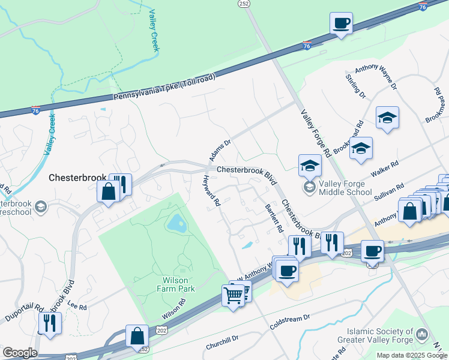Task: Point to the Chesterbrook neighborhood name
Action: tap(77, 178)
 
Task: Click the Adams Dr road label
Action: tap(220, 151)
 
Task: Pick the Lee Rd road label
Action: tap(77, 307)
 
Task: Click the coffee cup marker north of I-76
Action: tap(341, 24)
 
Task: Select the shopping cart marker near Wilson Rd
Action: tap(233, 295)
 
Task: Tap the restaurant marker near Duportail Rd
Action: tap(50, 323)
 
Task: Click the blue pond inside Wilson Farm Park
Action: tap(176, 224)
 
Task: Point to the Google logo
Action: tap(19, 353)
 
